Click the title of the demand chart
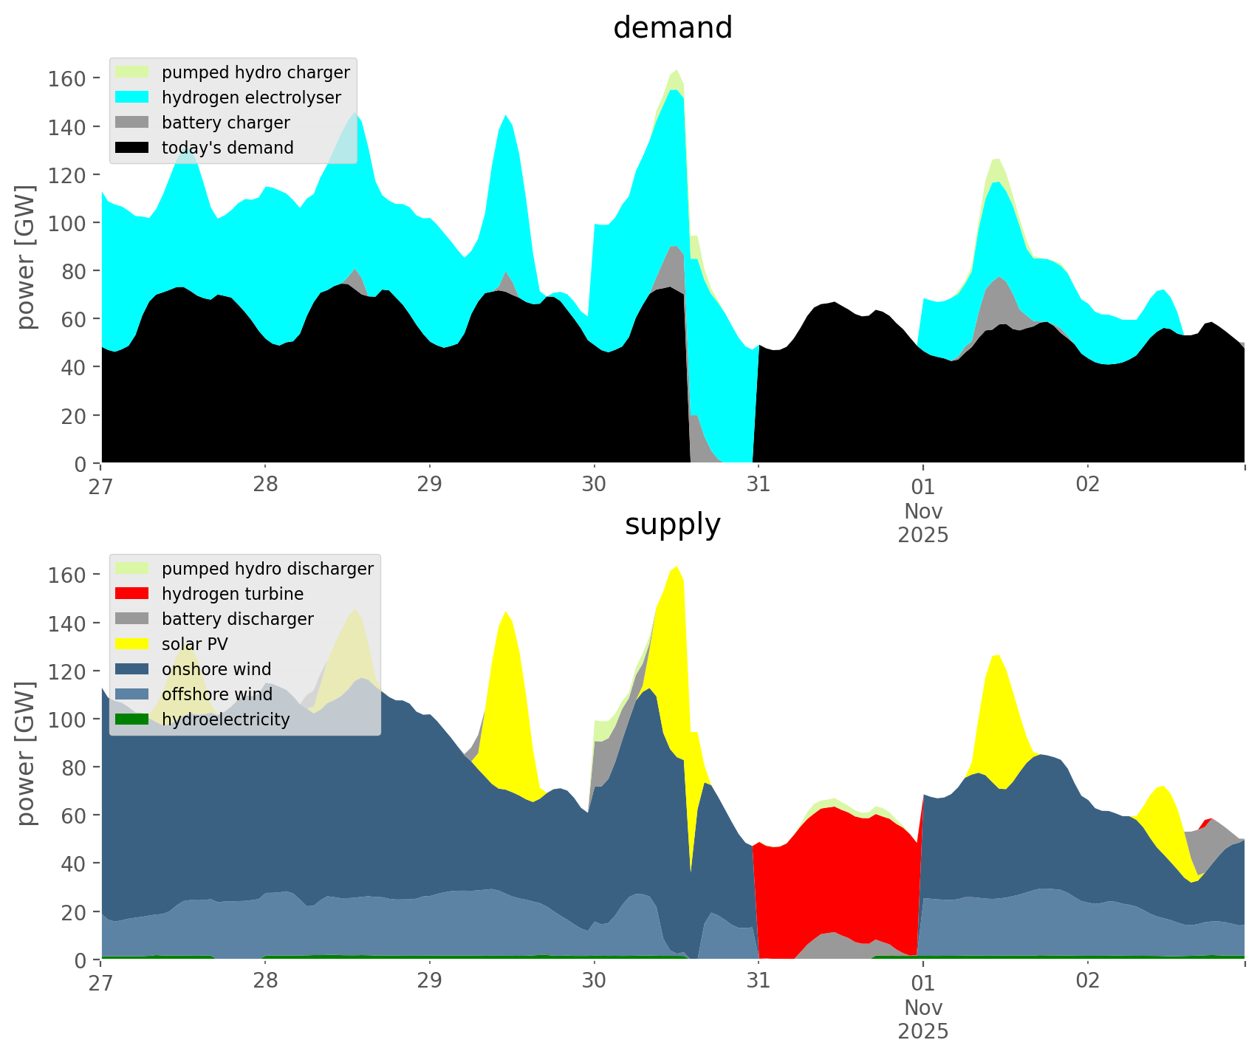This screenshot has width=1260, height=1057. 672,28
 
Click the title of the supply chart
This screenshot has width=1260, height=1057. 672,524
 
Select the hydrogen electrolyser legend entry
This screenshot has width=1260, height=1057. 251,98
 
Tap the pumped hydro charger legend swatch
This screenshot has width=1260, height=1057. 132,72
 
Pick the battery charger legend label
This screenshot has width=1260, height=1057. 225,123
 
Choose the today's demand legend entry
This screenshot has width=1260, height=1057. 227,148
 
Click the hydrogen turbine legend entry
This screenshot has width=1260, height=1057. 233,594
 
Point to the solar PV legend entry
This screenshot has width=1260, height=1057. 195,644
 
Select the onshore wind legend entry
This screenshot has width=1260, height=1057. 216,669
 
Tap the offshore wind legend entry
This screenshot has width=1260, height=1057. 217,694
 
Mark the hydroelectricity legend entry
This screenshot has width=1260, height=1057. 225,719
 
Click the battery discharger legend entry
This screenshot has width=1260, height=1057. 237,619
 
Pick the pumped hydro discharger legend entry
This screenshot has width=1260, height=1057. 267,569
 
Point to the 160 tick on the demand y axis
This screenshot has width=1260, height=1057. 66,78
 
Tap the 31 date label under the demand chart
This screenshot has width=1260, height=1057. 758,485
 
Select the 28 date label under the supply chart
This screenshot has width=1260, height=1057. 265,982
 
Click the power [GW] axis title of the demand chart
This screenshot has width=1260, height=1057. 27,257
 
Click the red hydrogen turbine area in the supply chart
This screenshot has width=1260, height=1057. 835,872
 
